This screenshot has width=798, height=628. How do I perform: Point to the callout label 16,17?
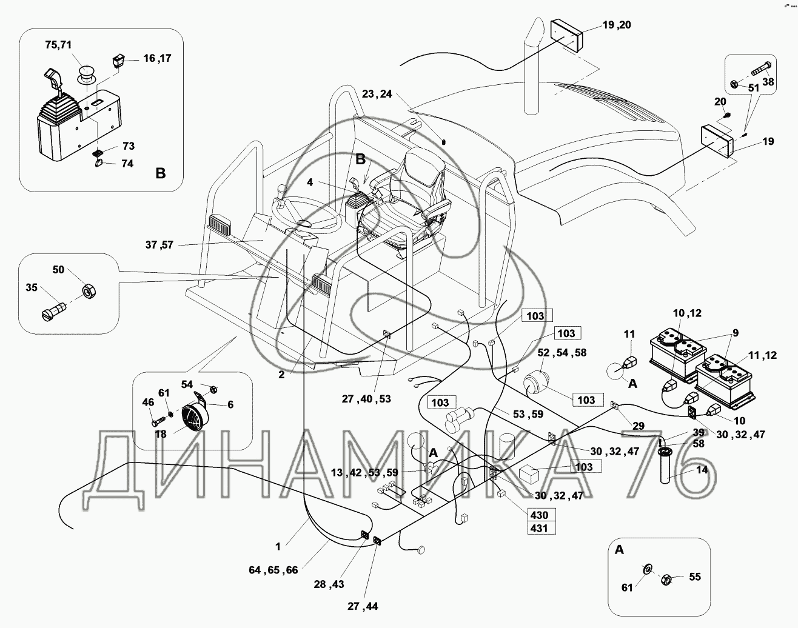(158, 58)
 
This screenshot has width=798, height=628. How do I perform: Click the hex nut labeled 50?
(88, 292)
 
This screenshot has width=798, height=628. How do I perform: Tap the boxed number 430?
(539, 515)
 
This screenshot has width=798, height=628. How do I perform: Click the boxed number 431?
(539, 528)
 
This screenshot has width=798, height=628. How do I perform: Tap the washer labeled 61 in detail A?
(647, 569)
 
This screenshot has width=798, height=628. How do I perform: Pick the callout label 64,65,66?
(273, 570)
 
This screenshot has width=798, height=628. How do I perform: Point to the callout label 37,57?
(159, 245)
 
